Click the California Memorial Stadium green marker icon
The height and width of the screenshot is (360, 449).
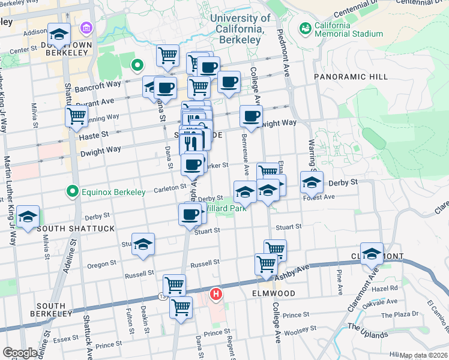click(306, 28)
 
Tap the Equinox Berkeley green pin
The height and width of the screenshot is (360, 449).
click(73, 192)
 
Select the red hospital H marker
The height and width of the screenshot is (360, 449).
click(215, 295)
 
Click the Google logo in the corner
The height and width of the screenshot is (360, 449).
click(20, 353)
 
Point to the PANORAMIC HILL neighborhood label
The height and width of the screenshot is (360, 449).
click(351, 77)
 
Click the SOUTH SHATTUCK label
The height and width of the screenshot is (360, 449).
click(67, 229)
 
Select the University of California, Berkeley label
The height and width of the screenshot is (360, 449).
click(240, 29)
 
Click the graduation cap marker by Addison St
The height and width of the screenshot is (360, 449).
click(59, 35)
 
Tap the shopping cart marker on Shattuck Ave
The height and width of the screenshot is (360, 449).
click(77, 116)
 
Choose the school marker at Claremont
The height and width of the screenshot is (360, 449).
click(372, 254)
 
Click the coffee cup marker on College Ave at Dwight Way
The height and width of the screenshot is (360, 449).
click(251, 116)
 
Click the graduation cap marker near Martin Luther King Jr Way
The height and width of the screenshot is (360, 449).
click(28, 217)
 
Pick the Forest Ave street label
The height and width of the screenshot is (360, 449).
click(319, 197)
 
